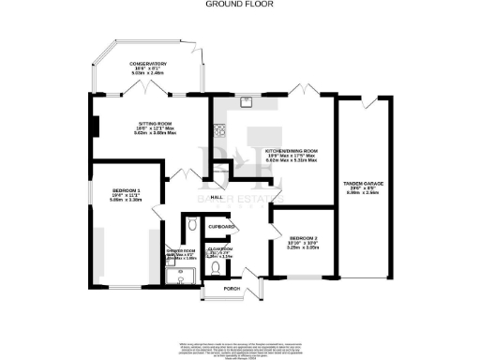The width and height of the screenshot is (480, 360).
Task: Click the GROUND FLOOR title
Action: click(238, 4)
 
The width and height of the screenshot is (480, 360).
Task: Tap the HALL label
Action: click(216, 199)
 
